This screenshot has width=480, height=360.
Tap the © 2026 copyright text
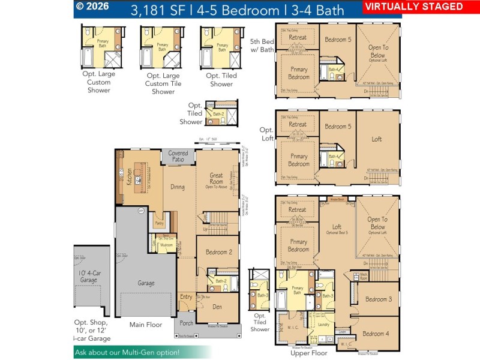[94, 7]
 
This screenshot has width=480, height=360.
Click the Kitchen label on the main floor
[129, 176]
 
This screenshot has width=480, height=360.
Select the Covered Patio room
[178, 156]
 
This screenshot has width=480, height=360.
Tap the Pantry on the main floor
[159, 223]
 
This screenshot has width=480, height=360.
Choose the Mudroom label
[166, 245]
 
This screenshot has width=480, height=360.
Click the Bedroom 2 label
[218, 252]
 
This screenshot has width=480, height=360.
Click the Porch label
[187, 323]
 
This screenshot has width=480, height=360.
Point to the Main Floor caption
[146, 325]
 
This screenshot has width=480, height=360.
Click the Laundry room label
[324, 325]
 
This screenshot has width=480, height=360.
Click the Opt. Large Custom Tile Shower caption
[163, 83]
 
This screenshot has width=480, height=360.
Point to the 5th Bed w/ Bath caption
[262, 46]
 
